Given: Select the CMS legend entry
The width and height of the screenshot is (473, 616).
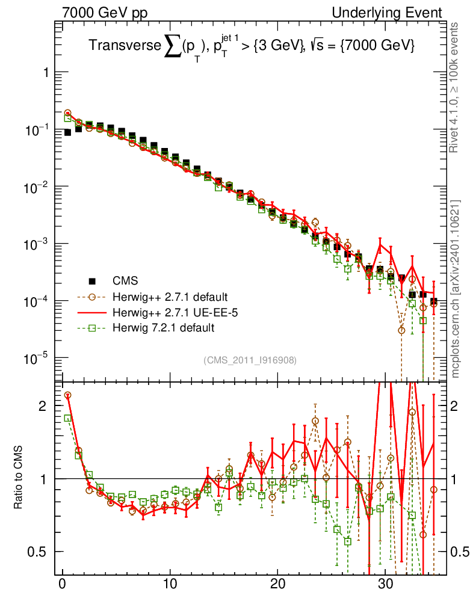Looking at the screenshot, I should pos(125,280).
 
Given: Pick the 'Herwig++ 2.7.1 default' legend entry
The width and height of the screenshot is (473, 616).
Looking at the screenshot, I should pos(169,297).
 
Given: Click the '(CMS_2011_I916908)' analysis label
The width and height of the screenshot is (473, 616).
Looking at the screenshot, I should pos(250,360).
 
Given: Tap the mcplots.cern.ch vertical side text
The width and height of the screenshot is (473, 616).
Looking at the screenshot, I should pos(456,289).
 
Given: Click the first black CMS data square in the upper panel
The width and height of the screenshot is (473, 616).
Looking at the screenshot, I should pos(67,132).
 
